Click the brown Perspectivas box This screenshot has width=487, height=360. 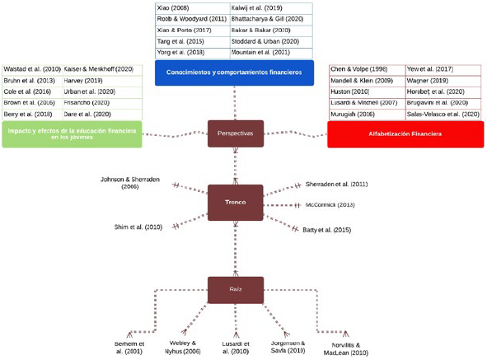(x=235, y=133)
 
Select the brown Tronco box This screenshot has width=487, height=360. (x=235, y=202)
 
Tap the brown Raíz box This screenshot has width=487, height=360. (x=235, y=289)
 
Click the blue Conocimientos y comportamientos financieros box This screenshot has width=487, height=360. (x=235, y=72)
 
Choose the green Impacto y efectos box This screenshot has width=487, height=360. (x=70, y=133)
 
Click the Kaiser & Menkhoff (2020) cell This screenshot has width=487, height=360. (x=101, y=69)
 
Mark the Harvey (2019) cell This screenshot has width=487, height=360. (x=101, y=81)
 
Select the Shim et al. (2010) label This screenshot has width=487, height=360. (x=138, y=227)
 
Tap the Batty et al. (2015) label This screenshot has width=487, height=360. (x=327, y=230)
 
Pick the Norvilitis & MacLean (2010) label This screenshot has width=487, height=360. (x=345, y=348)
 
